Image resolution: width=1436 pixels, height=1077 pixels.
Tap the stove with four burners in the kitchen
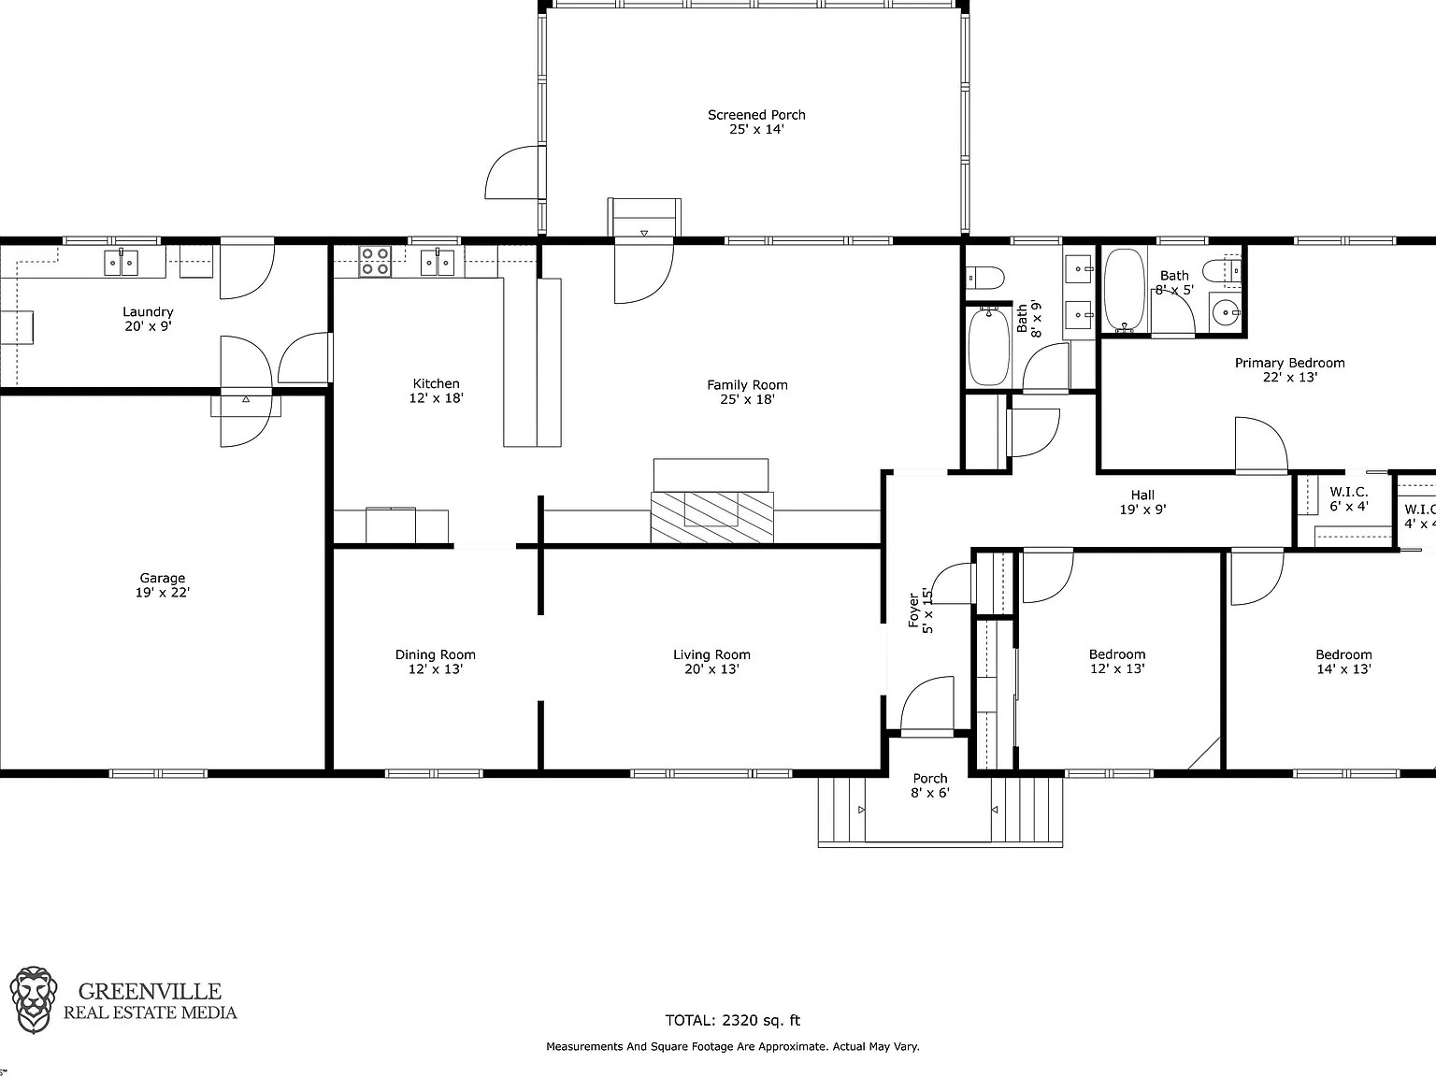(375, 261)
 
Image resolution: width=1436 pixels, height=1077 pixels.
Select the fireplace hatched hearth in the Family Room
(712, 516)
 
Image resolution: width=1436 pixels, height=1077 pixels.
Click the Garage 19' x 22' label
(163, 585)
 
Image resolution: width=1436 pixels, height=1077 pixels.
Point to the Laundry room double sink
(121, 262)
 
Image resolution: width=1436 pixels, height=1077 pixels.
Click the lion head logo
(34, 999)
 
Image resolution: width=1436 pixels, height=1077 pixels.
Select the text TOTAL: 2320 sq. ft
(732, 1020)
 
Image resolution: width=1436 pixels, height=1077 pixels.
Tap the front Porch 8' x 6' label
(929, 785)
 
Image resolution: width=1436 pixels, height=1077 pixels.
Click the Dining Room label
(435, 662)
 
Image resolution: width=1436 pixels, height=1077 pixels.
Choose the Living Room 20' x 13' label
(711, 662)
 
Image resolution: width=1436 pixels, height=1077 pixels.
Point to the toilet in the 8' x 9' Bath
(985, 278)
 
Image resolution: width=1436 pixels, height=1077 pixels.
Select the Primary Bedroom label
(1289, 370)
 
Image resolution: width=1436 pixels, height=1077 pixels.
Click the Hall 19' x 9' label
(1142, 502)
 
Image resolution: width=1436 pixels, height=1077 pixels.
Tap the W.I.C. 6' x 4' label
(1349, 499)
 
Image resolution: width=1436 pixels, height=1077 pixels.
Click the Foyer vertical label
(921, 610)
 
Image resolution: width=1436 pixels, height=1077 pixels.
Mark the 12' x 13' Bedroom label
(1117, 662)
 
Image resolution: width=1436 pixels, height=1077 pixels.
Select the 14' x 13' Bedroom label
(1343, 662)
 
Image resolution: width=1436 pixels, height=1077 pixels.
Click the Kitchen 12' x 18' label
(436, 390)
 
